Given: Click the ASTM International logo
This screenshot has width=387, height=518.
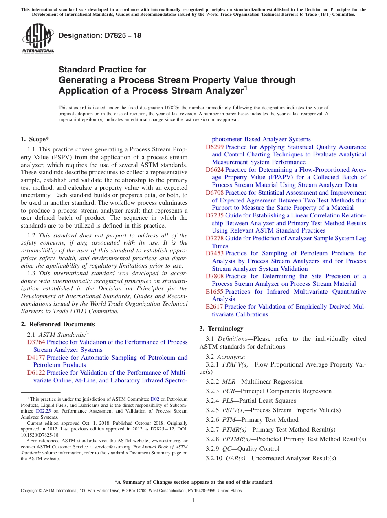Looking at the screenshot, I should pos(38,39).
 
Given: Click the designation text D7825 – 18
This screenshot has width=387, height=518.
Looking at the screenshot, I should pos(100,35).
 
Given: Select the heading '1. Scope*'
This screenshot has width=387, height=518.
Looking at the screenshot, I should pos(35,139).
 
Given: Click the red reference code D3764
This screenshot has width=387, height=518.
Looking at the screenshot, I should pos(36,342).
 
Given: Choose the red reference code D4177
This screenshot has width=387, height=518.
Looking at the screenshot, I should pos(36,358).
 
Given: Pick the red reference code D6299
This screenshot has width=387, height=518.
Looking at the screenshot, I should pos(215,147).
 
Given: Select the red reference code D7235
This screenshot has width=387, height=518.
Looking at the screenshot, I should pos(215,215).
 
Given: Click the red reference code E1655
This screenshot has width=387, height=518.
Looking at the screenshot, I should pos(214,292).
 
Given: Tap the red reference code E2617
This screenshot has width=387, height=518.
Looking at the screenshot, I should pos(214,307).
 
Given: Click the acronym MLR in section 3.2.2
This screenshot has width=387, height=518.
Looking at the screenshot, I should pos(228,382).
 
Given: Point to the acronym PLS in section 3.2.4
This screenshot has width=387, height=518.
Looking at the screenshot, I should pos(228,401).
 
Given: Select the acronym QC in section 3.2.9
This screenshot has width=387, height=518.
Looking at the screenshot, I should pos(226,449).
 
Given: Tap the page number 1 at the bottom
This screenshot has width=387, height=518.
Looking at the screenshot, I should pos(193,500).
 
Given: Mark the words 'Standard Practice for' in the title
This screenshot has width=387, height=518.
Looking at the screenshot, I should pos(102,70).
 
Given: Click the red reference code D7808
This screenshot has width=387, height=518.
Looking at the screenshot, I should pos(215,276).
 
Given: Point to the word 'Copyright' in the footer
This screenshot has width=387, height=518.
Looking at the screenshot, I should pos(29,491).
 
